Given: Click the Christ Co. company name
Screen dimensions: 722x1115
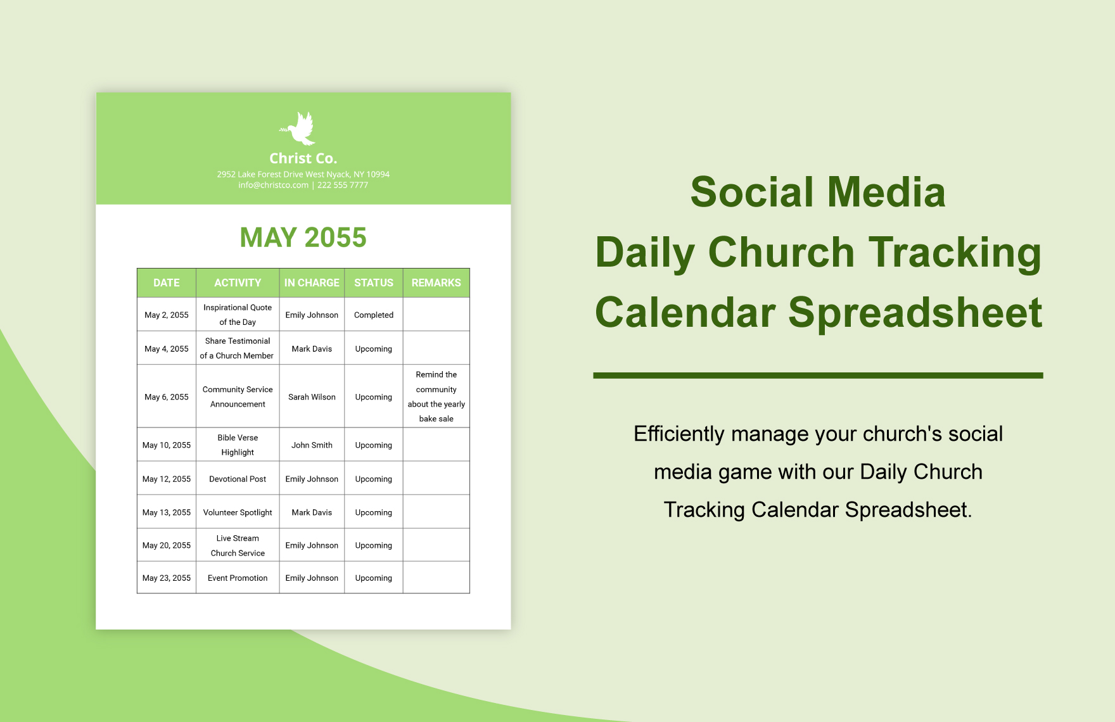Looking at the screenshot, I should coord(303,158).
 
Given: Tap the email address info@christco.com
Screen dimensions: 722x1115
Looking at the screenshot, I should coord(273,185).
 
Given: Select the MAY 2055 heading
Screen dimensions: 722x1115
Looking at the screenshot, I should coord(303,237).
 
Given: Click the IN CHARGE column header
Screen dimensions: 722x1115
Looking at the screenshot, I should coord(312,283).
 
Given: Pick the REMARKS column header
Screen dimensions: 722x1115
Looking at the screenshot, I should coord(436,283).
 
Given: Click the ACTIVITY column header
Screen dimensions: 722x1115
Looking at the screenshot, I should coord(238,283).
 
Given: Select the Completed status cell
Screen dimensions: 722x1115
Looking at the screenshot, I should coord(374,315).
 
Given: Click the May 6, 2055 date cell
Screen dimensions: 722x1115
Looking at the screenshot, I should coord(167,397).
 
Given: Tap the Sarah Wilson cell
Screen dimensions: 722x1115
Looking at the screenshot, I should coord(312,397).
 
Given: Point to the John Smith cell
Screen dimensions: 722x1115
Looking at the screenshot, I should coord(312,445).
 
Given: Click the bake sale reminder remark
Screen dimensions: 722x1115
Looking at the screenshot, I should coord(436,396).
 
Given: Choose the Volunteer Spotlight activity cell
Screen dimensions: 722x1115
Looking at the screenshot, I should coord(238,512).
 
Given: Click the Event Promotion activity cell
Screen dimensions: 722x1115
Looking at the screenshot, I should coord(238,578).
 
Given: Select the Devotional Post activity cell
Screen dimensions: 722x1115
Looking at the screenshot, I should coord(238,479).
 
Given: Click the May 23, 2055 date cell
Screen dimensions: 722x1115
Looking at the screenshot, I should coord(167,578).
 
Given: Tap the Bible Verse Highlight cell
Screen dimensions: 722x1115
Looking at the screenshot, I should coord(238,445).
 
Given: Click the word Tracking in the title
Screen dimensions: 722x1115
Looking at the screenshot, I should coord(954,252).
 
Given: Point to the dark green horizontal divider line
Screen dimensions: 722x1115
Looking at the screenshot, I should coord(817,376).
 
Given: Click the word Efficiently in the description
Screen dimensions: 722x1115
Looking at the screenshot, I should coord(679,434).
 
